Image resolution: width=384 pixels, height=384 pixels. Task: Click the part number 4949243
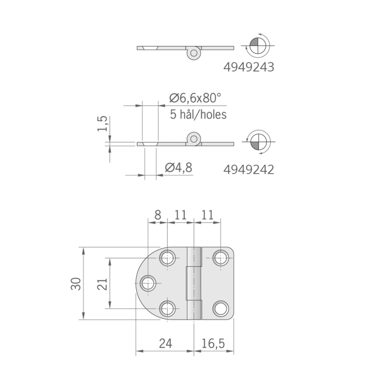(x=249, y=68)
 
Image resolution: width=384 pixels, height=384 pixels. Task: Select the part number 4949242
(x=249, y=169)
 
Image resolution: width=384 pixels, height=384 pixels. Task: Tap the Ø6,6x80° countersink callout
(x=195, y=98)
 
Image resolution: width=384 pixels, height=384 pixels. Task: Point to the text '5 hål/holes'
(x=198, y=115)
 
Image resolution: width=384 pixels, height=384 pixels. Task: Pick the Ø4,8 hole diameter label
(x=178, y=168)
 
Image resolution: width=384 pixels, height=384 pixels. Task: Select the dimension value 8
(x=157, y=215)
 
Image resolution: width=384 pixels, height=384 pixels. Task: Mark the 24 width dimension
(x=165, y=343)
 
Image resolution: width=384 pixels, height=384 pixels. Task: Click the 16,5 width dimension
(x=214, y=343)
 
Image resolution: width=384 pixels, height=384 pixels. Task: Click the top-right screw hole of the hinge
(x=220, y=258)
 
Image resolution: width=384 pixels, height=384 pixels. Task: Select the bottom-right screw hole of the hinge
(x=220, y=308)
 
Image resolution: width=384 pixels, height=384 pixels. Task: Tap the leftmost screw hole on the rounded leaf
(x=149, y=283)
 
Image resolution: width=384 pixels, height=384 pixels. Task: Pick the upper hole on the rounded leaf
(x=168, y=258)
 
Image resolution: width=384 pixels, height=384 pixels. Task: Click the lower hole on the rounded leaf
(x=168, y=308)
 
